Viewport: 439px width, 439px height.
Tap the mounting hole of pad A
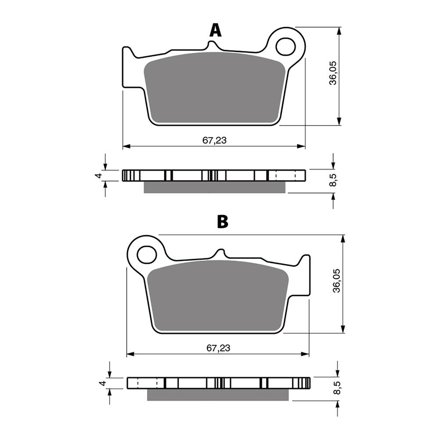[x=286, y=46]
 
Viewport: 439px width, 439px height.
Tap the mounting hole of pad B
[x=147, y=254]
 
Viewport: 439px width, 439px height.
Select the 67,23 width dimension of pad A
[x=215, y=140]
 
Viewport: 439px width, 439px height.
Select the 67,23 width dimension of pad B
[x=218, y=348]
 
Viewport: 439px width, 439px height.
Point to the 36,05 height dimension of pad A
[x=333, y=73]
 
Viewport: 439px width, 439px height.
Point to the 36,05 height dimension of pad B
[x=337, y=281]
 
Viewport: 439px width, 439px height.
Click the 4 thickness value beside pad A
[x=98, y=176]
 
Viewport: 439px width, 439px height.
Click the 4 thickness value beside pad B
[x=103, y=383]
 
